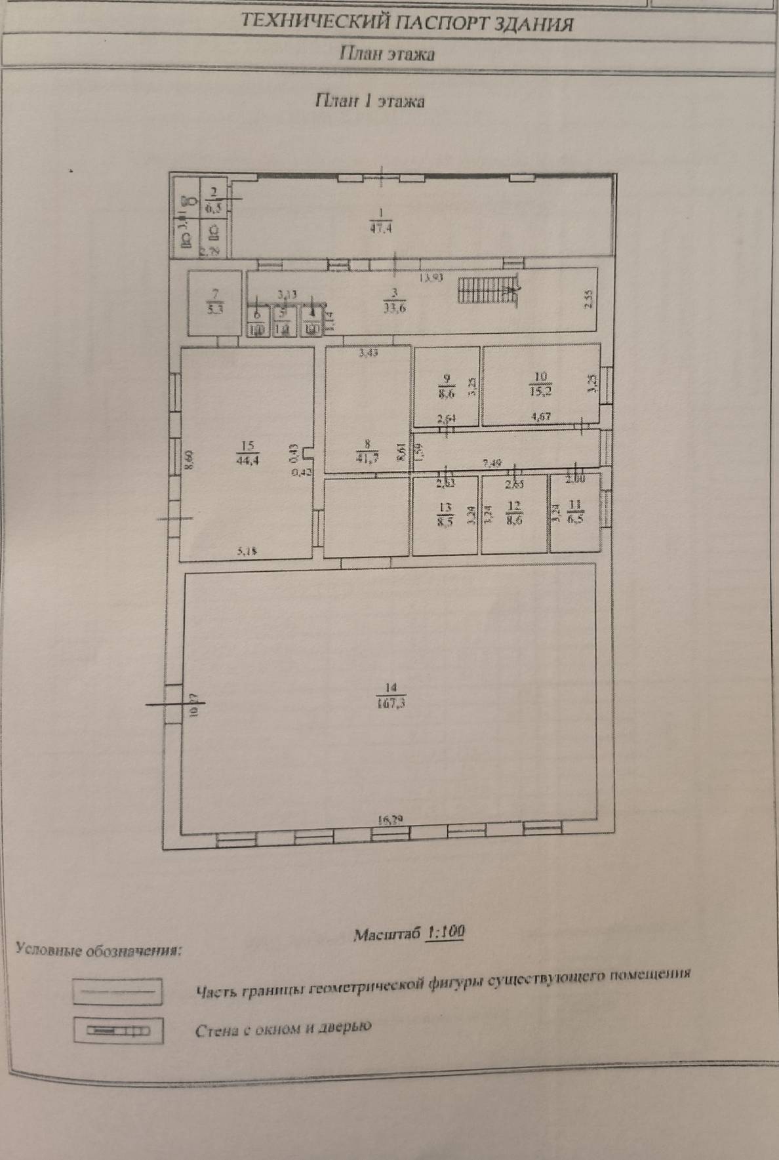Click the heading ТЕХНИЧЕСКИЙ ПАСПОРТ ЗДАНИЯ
[407, 24]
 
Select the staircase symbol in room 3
[488, 292]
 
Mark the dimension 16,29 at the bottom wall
[389, 820]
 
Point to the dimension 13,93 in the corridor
[432, 277]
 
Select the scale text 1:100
[446, 932]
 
